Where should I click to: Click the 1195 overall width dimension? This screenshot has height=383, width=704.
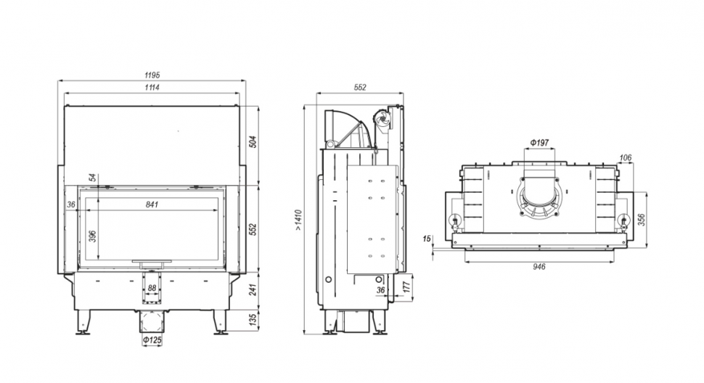(x=152, y=75)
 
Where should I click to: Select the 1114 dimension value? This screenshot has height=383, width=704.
(x=152, y=88)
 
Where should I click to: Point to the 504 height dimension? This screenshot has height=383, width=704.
(x=253, y=141)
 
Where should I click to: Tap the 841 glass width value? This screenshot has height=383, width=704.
(x=152, y=205)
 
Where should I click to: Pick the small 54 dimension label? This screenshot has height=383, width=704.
(x=92, y=178)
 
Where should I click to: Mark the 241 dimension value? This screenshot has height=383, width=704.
(x=253, y=290)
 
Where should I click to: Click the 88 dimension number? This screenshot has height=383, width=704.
(x=152, y=288)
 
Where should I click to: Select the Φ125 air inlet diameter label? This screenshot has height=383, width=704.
(x=152, y=340)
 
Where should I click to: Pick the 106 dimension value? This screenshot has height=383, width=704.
(x=626, y=157)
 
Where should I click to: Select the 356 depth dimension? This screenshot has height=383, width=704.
(x=641, y=219)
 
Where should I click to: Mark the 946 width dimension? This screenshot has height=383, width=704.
(x=539, y=266)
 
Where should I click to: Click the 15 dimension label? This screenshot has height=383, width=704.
(x=427, y=238)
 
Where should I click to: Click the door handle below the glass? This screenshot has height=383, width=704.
(x=152, y=260)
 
